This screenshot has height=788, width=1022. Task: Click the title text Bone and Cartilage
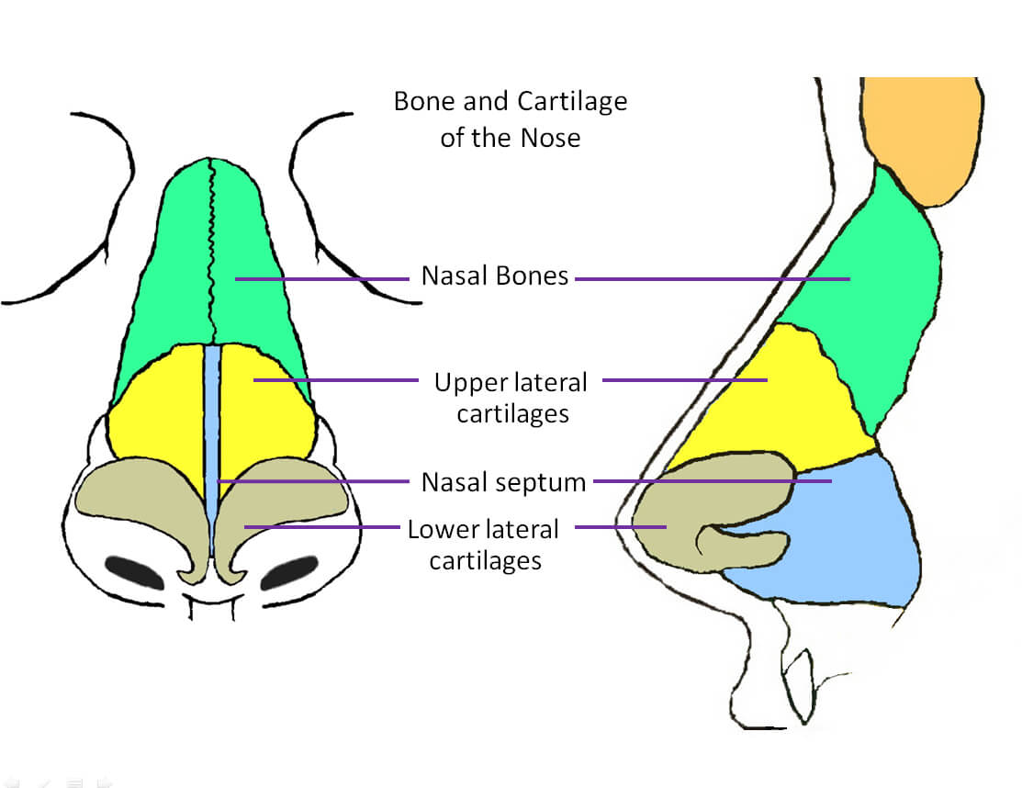click(511, 102)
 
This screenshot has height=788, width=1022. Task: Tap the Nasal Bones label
click(495, 276)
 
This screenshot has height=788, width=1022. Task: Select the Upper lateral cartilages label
click(511, 398)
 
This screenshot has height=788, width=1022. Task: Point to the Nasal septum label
click(503, 482)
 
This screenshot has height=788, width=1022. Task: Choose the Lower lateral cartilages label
click(484, 545)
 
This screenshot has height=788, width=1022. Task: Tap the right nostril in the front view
click(289, 572)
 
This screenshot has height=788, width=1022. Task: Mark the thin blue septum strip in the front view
click(212, 450)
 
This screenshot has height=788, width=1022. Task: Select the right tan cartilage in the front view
click(274, 501)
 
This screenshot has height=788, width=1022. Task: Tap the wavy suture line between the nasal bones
click(211, 251)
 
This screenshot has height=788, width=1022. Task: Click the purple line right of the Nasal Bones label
click(713, 279)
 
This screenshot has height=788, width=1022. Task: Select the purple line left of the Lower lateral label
click(322, 526)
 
